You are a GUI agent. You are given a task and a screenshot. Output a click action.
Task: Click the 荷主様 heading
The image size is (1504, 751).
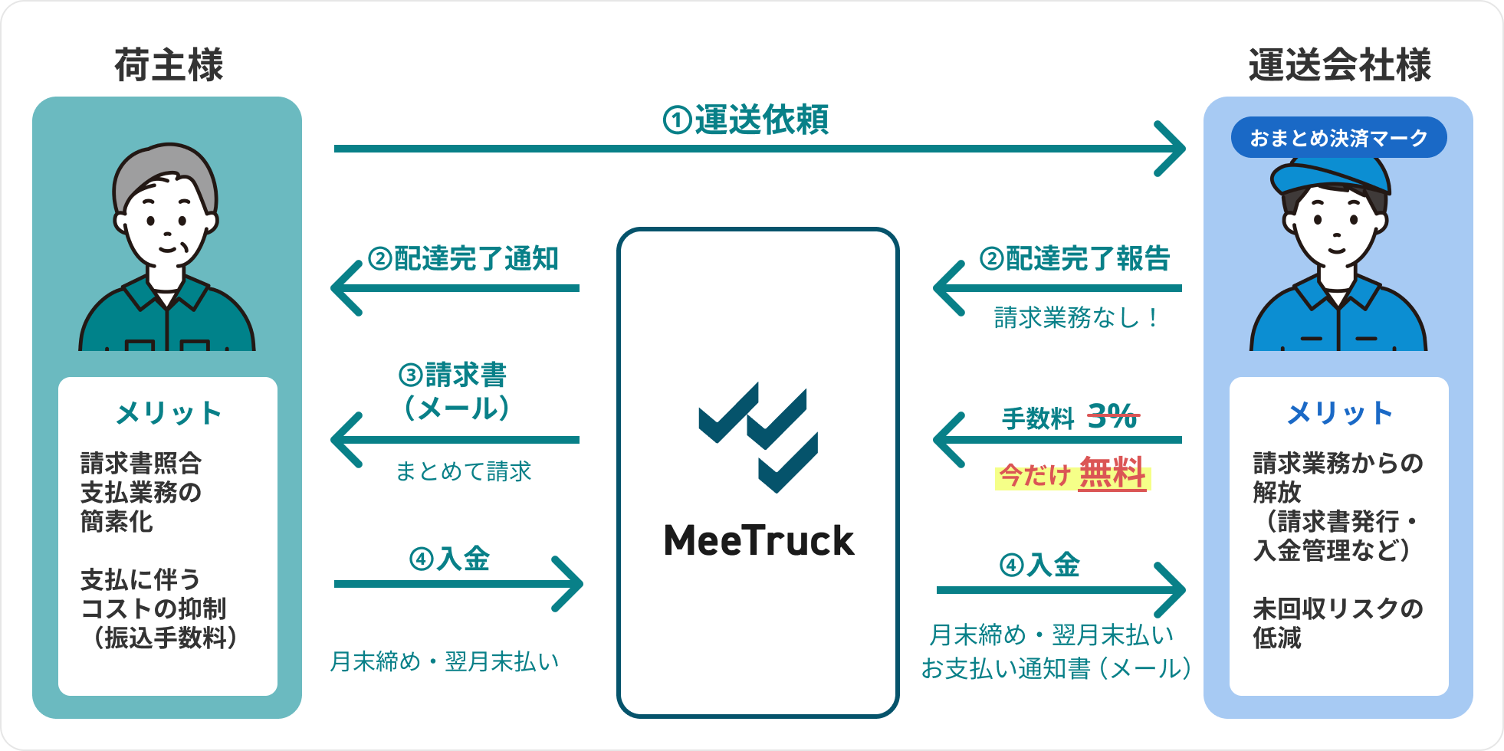tap(169, 65)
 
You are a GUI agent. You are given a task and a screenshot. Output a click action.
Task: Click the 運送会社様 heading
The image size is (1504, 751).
tap(1339, 65)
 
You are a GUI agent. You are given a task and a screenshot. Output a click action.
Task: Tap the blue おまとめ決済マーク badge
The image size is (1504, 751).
tap(1338, 138)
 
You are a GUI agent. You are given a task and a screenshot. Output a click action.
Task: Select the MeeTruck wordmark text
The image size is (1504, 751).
tap(759, 541)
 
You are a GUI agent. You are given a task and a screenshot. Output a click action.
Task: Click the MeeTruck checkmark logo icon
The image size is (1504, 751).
tap(758, 437)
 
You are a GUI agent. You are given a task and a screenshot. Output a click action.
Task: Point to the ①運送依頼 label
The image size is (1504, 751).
tap(746, 120)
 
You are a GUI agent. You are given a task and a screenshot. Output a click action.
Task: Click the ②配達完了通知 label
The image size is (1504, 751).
tap(463, 259)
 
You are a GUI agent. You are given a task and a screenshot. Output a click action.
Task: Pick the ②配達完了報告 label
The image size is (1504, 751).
tap(1075, 259)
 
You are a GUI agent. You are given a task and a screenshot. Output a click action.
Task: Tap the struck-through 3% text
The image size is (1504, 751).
tap(1113, 417)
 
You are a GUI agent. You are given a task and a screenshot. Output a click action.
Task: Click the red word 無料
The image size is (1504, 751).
tap(1112, 474)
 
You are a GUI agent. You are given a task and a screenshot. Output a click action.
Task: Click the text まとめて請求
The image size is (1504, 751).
tap(463, 471)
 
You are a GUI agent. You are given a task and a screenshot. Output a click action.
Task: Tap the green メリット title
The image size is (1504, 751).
tap(169, 414)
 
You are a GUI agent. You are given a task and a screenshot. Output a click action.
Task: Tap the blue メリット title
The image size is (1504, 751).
tap(1339, 414)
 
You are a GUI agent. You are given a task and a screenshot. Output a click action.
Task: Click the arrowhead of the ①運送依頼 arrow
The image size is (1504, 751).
tap(1171, 149)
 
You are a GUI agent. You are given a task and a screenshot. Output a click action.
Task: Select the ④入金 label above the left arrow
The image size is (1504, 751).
tap(449, 559)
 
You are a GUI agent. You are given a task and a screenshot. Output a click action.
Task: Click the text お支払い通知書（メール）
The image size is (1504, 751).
tap(1056, 668)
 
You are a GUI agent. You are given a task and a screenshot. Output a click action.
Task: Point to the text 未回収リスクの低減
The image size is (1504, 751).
tap(1338, 623)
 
